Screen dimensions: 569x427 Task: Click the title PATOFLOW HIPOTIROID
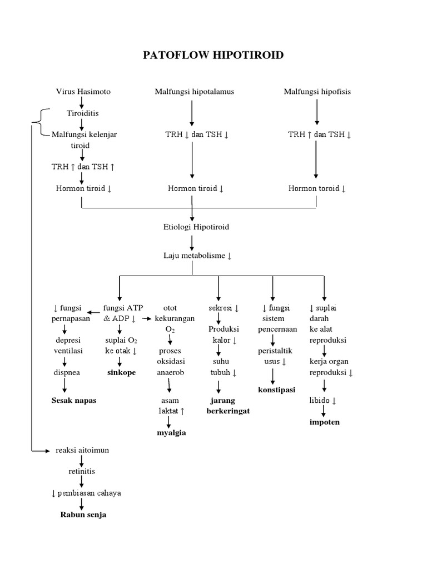coord(213,55)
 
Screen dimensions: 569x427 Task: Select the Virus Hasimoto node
coord(83,92)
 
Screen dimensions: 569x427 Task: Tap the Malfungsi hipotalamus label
coord(194,92)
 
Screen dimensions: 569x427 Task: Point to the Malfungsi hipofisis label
coord(317,92)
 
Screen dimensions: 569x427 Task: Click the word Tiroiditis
coord(82,113)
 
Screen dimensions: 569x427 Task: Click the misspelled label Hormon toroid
coord(317,188)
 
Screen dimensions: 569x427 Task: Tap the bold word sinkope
coord(121,372)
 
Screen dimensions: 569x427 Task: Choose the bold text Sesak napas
coord(73,401)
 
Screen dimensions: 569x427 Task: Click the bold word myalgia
coord(171,432)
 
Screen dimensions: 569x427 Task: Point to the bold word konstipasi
coord(276,390)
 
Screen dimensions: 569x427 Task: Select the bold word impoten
coord(325,422)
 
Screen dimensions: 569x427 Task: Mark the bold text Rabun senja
coord(83,515)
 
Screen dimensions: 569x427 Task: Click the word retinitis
coord(82,471)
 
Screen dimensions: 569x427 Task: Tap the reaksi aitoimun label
coord(82,450)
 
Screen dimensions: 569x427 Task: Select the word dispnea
coord(67,372)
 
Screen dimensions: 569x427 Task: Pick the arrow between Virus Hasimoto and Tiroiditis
coord(82,102)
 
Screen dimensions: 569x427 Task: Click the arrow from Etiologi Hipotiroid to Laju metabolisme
coord(192,241)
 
